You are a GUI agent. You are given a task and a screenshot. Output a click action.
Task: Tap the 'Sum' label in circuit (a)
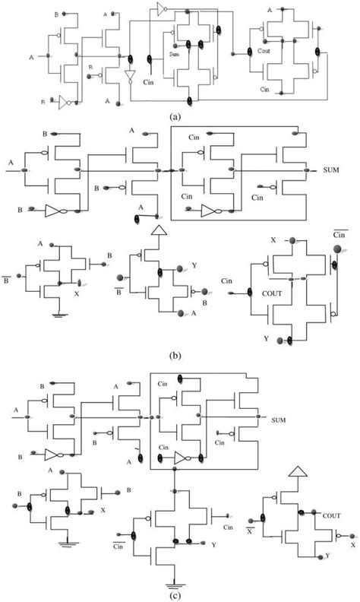(x=175, y=55)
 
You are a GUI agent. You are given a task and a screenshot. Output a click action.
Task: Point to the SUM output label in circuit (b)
(x=332, y=169)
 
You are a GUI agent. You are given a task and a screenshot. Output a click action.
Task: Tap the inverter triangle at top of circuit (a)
(x=160, y=10)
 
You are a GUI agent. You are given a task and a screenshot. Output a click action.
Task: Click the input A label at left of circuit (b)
(x=11, y=162)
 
